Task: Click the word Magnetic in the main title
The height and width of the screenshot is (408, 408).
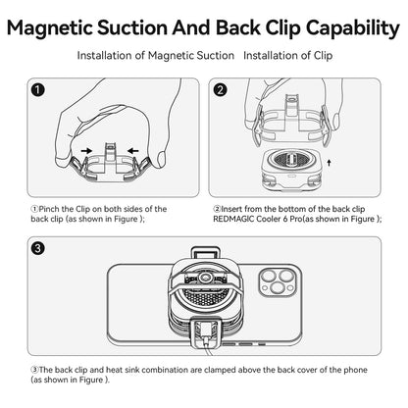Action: [50, 28]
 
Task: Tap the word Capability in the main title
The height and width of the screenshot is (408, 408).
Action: [353, 28]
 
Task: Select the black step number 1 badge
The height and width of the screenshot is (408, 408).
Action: [38, 90]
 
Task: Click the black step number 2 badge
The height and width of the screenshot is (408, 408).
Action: [220, 90]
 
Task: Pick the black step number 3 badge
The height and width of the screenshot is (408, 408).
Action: [38, 248]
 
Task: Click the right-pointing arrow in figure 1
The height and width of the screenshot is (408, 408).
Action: [86, 151]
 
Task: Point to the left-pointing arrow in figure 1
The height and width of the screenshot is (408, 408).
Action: [133, 151]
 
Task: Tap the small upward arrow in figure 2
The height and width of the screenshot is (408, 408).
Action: [329, 163]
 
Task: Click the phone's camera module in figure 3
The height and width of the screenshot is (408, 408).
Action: [278, 281]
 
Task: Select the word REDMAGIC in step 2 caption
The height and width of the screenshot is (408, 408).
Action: [233, 219]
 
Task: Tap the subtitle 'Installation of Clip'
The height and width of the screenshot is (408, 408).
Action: [288, 56]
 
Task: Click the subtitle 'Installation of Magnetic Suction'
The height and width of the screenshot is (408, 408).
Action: [156, 56]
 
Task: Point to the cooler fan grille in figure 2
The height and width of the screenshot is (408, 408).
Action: [288, 160]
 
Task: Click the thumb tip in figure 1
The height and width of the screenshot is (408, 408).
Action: [161, 160]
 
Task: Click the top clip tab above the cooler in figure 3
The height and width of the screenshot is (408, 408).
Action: [204, 253]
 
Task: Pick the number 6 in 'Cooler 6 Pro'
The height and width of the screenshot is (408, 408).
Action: [285, 219]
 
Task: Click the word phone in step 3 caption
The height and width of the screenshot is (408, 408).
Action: [355, 370]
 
